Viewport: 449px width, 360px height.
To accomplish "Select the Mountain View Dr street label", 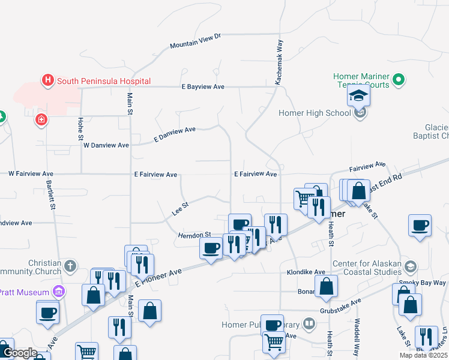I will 195,41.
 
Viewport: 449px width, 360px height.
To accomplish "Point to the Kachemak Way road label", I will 279,62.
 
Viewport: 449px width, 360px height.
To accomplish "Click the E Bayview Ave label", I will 203,87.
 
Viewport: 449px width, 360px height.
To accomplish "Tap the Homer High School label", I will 315,113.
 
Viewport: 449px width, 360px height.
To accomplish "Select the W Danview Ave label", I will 106,145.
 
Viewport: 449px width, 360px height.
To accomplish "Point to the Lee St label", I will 180,208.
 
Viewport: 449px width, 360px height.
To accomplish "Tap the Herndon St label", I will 194,235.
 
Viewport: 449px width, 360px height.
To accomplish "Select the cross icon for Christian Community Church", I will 70,265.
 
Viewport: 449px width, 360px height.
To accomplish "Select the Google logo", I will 20,353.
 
